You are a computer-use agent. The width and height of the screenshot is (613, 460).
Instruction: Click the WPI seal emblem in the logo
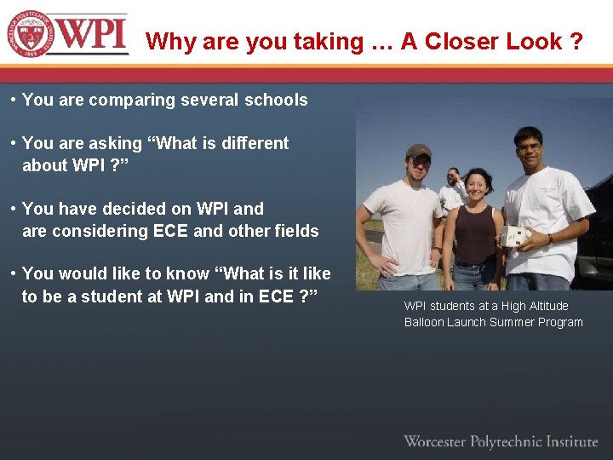point(31,33)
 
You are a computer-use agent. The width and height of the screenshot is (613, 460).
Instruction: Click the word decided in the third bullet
point(164,209)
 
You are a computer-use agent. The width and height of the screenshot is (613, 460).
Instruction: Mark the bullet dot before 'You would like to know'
point(13,273)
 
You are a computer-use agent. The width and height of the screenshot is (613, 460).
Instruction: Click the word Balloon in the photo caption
point(424,322)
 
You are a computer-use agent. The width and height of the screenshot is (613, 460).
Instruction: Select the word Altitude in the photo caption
point(545,306)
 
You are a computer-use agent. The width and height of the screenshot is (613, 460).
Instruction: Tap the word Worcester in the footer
point(434,441)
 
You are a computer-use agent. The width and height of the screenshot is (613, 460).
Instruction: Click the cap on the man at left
point(417,151)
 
